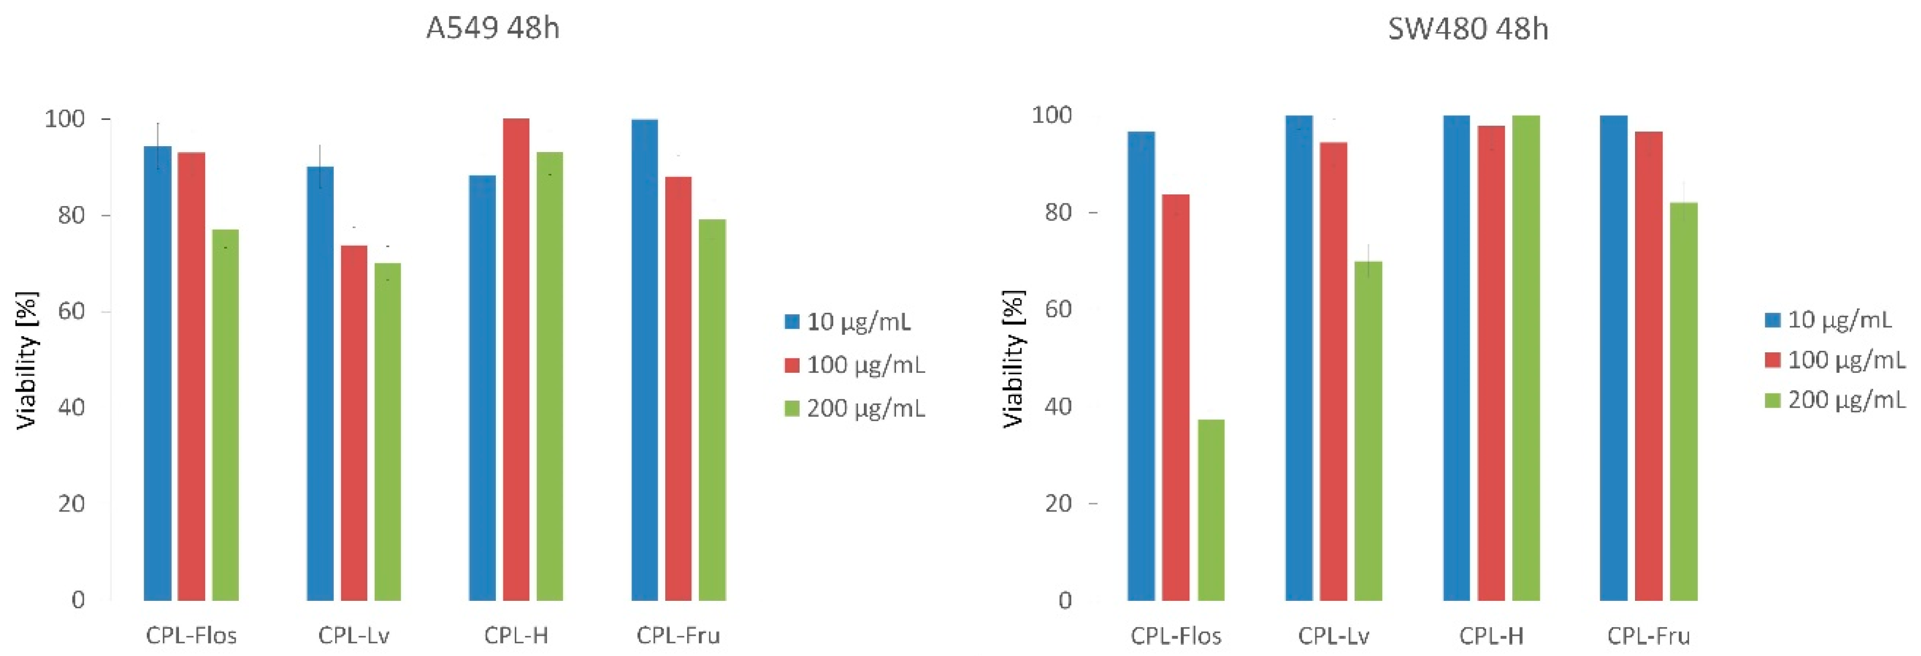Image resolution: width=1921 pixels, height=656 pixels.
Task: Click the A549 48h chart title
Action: coord(492,28)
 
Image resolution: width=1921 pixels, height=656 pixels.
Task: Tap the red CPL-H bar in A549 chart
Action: coord(516,358)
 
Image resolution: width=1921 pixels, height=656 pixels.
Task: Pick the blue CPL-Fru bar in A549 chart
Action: coord(644,358)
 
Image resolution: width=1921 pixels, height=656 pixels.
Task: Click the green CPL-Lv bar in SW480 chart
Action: coord(1368,431)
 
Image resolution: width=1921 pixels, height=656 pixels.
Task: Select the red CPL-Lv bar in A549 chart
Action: coord(354,423)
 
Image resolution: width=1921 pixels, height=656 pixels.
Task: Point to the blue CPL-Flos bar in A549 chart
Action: coord(157,373)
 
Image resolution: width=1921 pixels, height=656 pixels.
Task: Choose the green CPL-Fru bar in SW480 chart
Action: coord(1684,401)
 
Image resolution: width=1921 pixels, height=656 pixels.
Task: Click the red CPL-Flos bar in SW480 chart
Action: coord(1176,397)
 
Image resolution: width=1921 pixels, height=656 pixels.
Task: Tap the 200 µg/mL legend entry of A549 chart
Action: coord(855,409)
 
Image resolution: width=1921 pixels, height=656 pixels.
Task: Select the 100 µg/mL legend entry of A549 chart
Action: coord(855,365)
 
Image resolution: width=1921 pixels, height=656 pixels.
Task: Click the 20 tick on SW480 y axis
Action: coord(1058,504)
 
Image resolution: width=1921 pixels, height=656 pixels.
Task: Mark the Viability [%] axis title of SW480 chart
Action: coord(1013,358)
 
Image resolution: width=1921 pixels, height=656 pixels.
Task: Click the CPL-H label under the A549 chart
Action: coord(516,636)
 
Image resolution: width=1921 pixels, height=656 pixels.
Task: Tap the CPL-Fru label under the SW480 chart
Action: coord(1648,636)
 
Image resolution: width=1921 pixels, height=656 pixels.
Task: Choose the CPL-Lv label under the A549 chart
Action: coord(353,636)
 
